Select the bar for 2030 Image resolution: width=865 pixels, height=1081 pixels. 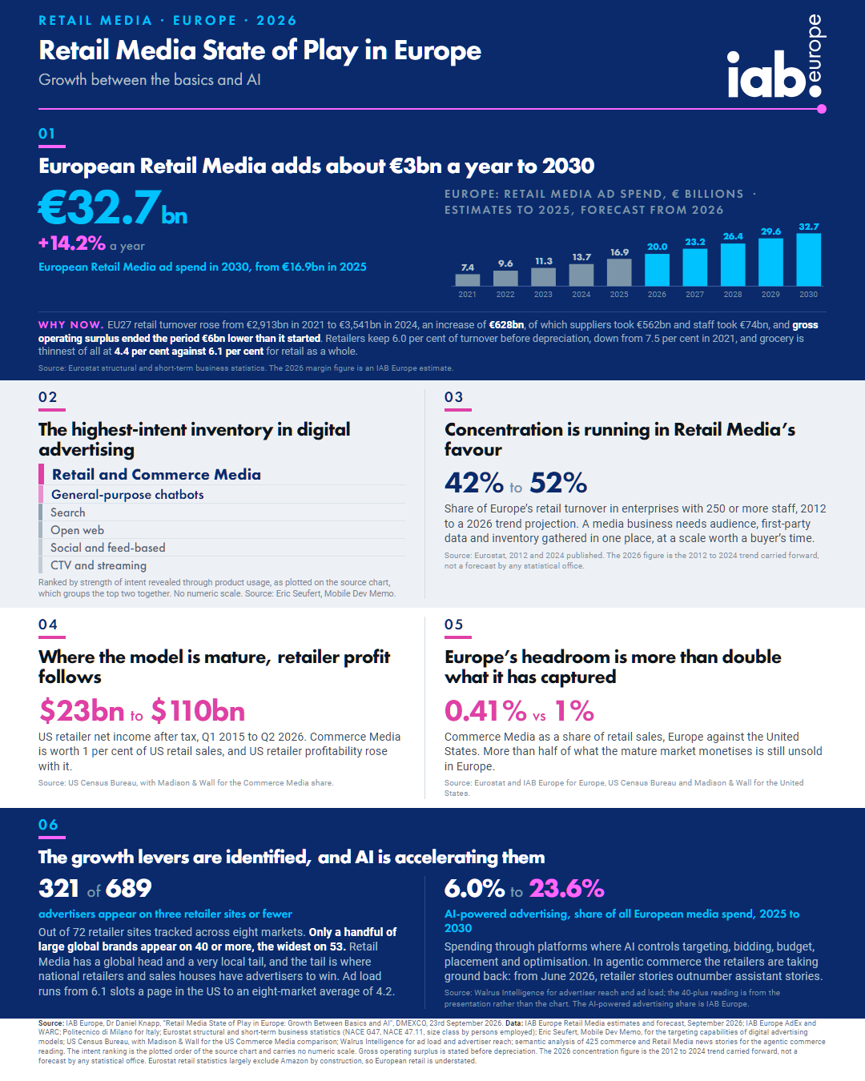point(808,259)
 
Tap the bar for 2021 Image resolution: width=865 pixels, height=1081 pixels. point(468,279)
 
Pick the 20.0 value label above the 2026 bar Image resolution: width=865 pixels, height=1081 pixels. point(657,247)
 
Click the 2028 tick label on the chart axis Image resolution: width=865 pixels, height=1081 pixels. point(732,295)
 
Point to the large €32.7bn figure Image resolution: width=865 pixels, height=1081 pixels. point(113,207)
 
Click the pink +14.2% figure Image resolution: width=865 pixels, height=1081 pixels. point(72,243)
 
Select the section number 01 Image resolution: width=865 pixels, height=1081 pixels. point(46,134)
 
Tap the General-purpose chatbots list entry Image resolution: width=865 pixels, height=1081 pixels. point(127,495)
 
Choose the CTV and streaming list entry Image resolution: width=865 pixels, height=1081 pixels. point(99,565)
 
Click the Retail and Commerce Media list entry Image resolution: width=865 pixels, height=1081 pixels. point(156,475)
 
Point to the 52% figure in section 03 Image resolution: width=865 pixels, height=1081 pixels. point(558,483)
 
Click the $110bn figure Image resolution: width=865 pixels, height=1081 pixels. point(198,710)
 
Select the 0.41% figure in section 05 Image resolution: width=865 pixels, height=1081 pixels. point(485,710)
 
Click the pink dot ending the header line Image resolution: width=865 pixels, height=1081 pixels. point(822,109)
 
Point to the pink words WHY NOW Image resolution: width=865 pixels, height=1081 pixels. point(70,325)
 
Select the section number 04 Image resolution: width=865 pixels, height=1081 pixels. point(48,625)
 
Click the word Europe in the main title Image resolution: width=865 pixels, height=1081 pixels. point(437,51)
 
